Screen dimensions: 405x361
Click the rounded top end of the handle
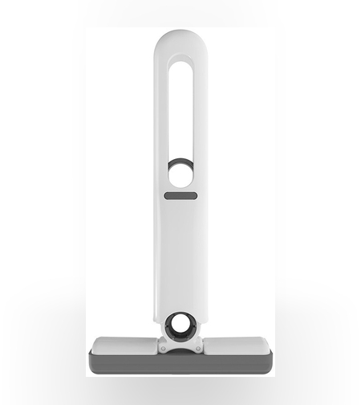coord(180,40)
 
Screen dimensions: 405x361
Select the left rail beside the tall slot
coord(161,112)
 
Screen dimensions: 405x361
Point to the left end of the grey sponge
coord(93,362)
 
